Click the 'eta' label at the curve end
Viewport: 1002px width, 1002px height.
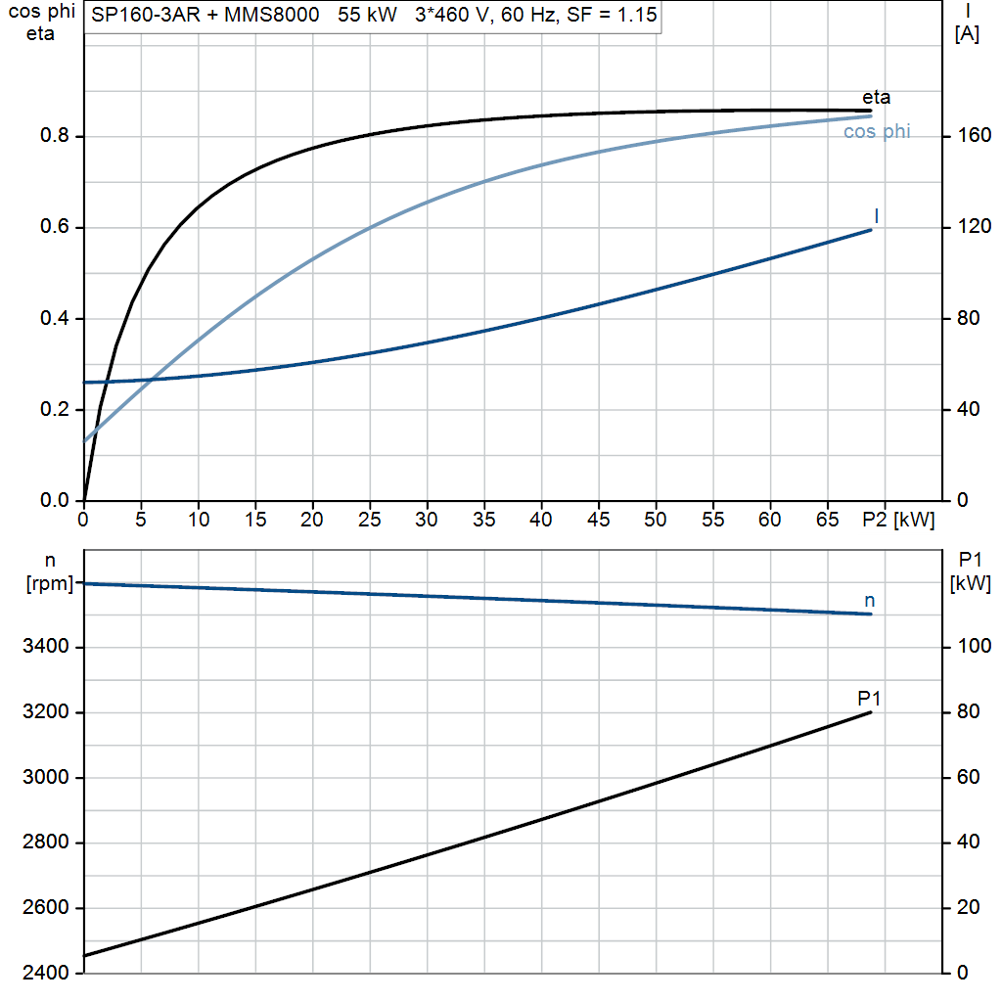click(876, 97)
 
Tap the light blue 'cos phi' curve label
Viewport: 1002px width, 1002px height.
click(877, 132)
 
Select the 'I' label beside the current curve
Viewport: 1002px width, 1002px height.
click(876, 216)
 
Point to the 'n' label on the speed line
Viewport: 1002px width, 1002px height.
click(869, 601)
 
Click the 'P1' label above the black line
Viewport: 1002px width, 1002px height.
click(869, 699)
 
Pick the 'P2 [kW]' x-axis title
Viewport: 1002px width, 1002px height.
click(898, 520)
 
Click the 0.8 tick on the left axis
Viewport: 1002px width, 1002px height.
click(55, 135)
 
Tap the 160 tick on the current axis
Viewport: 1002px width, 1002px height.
click(975, 135)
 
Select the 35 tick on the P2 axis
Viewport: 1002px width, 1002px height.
click(483, 520)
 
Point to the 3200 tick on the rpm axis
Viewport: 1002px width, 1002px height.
click(45, 711)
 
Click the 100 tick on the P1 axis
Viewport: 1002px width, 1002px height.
click(975, 646)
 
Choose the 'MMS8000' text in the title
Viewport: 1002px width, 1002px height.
click(272, 14)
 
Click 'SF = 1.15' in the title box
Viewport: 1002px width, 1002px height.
click(612, 14)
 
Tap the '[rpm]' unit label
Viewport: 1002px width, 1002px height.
click(50, 583)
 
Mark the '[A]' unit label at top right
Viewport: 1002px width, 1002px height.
click(967, 33)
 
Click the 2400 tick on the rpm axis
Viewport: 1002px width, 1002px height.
click(45, 972)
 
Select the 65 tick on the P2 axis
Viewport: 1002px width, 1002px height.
click(827, 520)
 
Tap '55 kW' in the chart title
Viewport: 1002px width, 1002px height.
click(368, 14)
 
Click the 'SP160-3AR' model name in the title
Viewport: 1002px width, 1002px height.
click(146, 14)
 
